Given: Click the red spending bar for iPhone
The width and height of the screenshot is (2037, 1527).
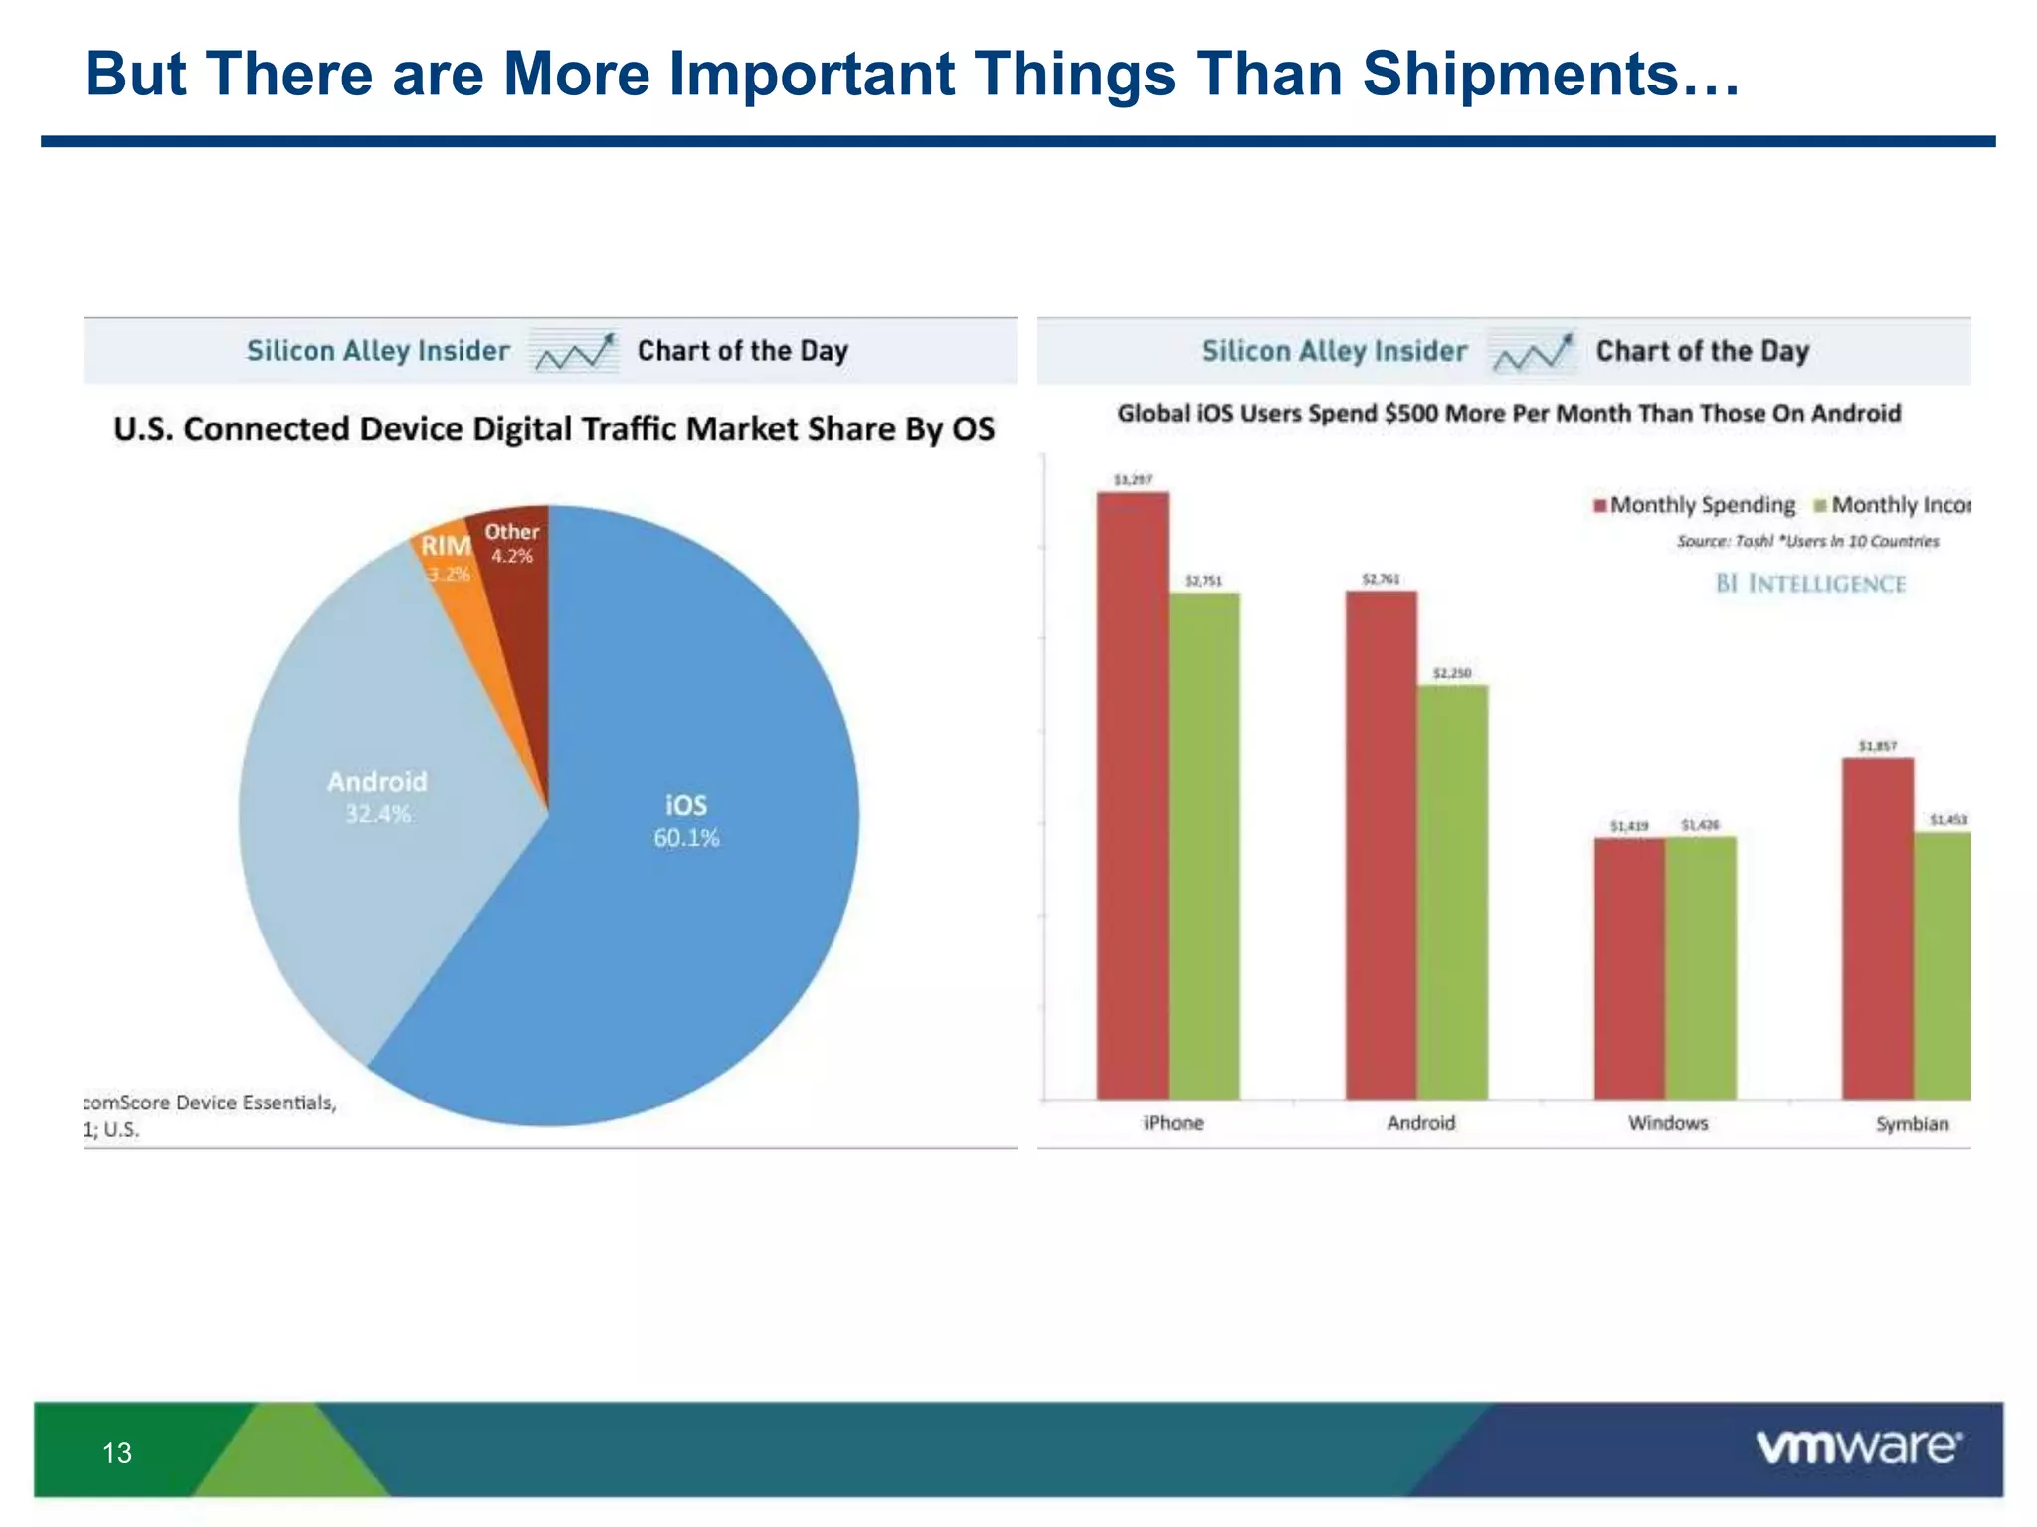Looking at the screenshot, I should [1132, 795].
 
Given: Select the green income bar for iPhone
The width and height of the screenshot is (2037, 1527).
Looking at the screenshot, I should [1204, 845].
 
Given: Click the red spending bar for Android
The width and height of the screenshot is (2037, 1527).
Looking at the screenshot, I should [1381, 845].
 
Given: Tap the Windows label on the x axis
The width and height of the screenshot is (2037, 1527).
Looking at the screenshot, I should [1668, 1123].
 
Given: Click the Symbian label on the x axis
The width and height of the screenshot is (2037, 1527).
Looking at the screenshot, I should [1912, 1124].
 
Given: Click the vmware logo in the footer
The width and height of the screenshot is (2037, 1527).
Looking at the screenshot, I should [1858, 1447].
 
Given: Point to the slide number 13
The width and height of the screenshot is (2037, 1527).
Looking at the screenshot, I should [117, 1453].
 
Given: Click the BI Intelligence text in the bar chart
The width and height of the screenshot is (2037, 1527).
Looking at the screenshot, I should [1810, 584].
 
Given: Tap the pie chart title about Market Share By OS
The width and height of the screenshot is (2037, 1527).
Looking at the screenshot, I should [554, 429].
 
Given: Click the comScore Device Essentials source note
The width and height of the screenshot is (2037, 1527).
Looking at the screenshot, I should [210, 1103].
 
